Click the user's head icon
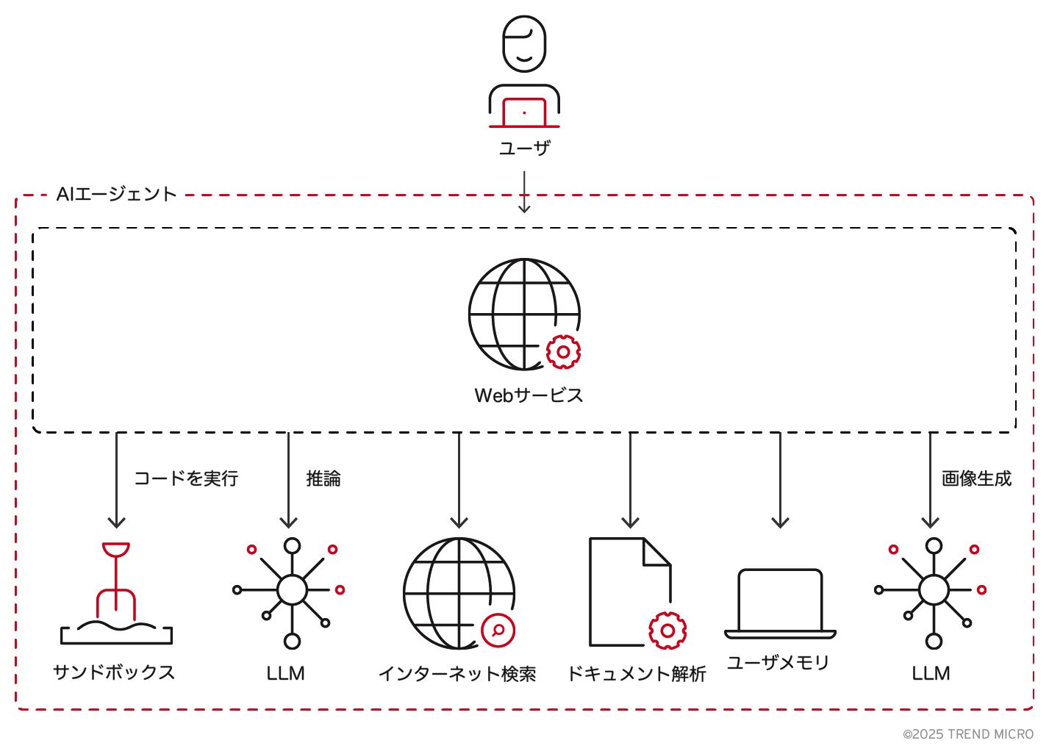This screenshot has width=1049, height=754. coord(524,44)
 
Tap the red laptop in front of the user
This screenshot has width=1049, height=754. coord(524,112)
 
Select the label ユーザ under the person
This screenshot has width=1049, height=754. coord(524,148)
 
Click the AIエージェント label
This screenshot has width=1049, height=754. coord(117,194)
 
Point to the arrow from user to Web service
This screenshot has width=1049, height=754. coord(524,193)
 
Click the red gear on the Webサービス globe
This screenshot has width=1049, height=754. coord(563,352)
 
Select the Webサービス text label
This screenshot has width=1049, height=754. coord(529,395)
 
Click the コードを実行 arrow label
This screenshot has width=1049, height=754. coord(186,478)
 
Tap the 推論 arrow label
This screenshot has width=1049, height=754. coord(323,478)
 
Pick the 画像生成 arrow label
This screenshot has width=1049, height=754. coord(976,478)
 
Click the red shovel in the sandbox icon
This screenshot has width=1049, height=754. coord(116,581)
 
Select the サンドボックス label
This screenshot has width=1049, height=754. coord(114,672)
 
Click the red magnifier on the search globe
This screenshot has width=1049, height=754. coord(498,630)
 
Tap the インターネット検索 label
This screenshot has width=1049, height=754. coord(457,674)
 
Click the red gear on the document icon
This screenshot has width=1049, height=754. coord(667,631)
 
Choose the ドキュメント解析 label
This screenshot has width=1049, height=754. coord(637,674)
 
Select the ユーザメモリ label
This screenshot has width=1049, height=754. coord(778,663)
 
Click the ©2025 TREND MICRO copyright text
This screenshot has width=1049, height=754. coord(968,734)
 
